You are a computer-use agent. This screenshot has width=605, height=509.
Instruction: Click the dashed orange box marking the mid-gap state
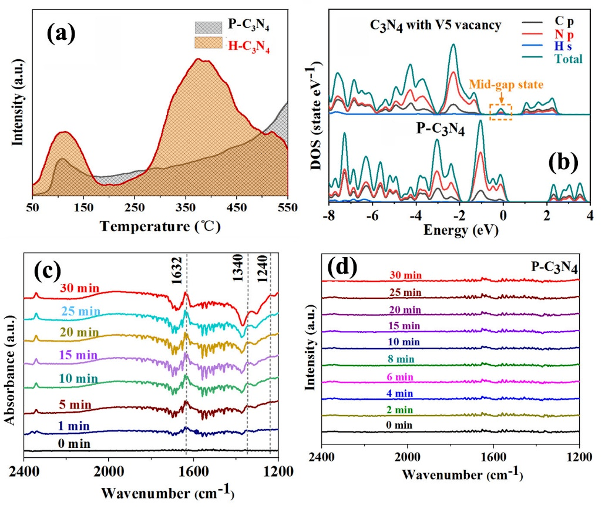[x=500, y=111]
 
